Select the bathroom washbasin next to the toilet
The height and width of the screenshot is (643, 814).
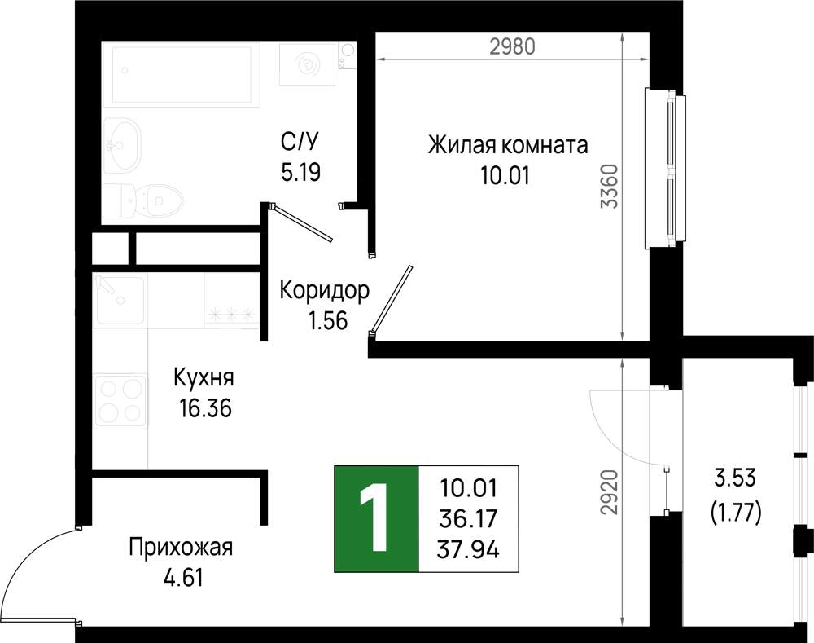pyautogui.click(x=123, y=144)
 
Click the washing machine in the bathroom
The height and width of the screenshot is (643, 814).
pyautogui.click(x=309, y=64)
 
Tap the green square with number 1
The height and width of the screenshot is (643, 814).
pyautogui.click(x=375, y=518)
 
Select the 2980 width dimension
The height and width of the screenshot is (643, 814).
pyautogui.click(x=511, y=46)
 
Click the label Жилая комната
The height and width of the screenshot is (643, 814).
pyautogui.click(x=508, y=146)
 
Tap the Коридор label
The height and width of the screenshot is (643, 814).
pyautogui.click(x=323, y=290)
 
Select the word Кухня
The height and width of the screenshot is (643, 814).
pyautogui.click(x=203, y=378)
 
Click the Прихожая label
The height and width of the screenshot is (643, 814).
pyautogui.click(x=181, y=547)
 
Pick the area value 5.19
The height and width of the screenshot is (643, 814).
pyautogui.click(x=300, y=172)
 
